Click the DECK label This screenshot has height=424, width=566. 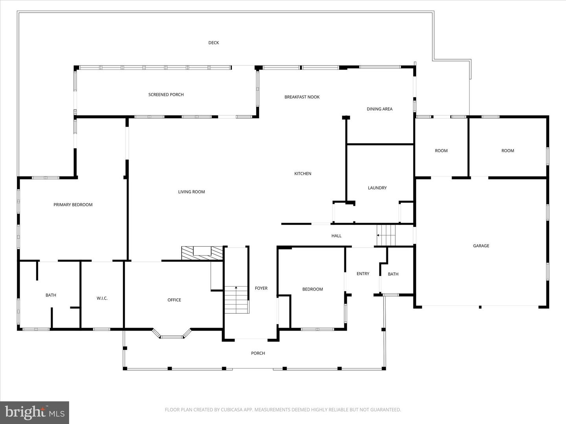pyautogui.click(x=213, y=43)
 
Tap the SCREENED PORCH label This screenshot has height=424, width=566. pyautogui.click(x=166, y=95)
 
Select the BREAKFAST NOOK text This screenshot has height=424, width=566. pyautogui.click(x=302, y=97)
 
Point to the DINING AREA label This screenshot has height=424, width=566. pyautogui.click(x=379, y=109)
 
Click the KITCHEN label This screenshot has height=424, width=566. pyautogui.click(x=303, y=174)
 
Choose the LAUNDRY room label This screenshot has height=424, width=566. pyautogui.click(x=377, y=188)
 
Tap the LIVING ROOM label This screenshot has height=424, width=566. pyautogui.click(x=191, y=192)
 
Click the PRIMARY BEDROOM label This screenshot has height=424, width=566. pyautogui.click(x=73, y=205)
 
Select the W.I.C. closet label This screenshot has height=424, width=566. pyautogui.click(x=102, y=298)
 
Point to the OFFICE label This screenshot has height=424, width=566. pyautogui.click(x=174, y=300)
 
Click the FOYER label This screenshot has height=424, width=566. pyautogui.click(x=261, y=288)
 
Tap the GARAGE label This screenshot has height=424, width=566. pyautogui.click(x=481, y=246)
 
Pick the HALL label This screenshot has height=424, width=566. pyautogui.click(x=336, y=236)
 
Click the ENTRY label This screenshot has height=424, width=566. pyautogui.click(x=363, y=274)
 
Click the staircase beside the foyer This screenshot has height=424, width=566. pyautogui.click(x=237, y=300)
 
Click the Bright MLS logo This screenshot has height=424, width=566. pyautogui.click(x=35, y=412)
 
